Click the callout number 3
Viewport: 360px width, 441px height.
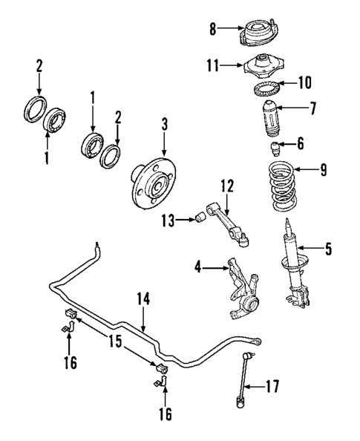(166, 123)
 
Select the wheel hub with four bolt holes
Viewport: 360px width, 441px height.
(154, 181)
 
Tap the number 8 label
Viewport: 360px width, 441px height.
(212, 29)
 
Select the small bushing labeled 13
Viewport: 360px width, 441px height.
(200, 218)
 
